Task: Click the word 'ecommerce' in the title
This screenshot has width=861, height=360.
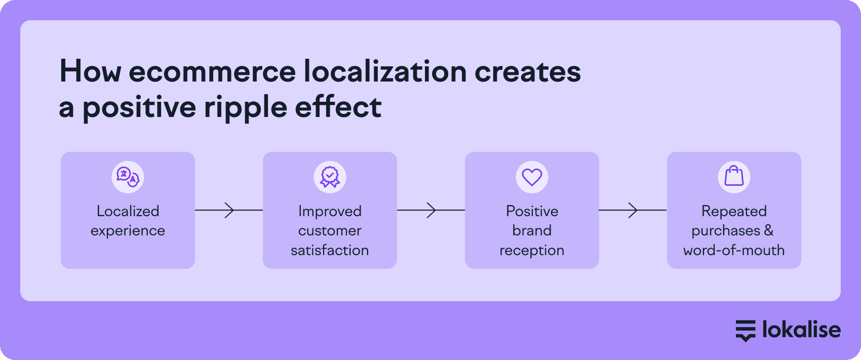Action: tap(212, 72)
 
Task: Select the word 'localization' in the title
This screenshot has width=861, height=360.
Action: tap(385, 71)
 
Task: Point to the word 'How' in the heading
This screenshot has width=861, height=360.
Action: tap(90, 71)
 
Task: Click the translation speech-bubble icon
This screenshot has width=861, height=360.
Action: tap(128, 177)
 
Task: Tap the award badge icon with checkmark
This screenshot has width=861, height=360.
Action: tap(330, 177)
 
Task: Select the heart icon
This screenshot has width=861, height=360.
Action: tap(532, 178)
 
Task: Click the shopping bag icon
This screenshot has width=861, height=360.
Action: tap(734, 176)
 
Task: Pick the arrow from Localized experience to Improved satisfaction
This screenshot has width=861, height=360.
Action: tap(229, 210)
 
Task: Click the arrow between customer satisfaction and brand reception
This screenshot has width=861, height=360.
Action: tap(431, 210)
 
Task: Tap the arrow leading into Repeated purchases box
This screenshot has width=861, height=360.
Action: tap(633, 210)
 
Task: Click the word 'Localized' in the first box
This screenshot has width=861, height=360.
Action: tap(128, 211)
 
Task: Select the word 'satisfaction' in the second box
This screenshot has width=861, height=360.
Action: tap(330, 251)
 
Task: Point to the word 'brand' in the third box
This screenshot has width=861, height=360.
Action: tap(532, 230)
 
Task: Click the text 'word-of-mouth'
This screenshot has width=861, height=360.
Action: tap(734, 251)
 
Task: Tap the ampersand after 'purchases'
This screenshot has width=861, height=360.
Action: tap(769, 230)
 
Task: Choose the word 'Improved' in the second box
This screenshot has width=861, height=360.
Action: tap(330, 212)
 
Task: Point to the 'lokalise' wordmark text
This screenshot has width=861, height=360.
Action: tap(802, 329)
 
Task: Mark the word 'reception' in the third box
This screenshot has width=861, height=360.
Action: tap(532, 251)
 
